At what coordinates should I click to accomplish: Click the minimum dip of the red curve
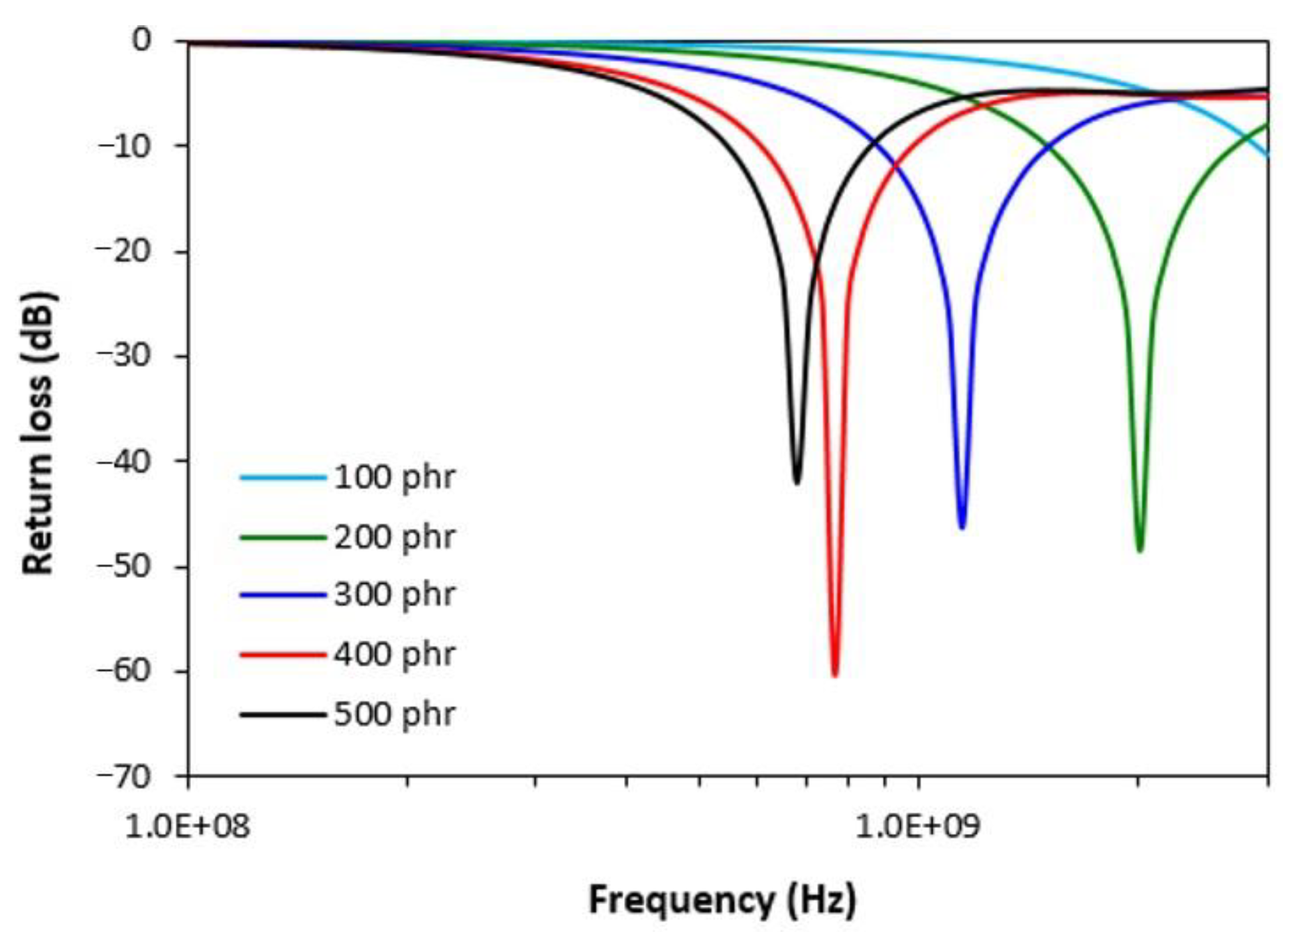click(834, 675)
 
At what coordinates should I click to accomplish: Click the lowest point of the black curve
click(797, 482)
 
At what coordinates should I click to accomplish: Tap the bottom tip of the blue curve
click(962, 527)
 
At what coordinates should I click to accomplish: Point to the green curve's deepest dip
click(1140, 550)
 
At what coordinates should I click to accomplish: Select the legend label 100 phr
click(394, 477)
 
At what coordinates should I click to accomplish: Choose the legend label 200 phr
click(394, 537)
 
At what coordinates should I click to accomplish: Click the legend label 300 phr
click(394, 594)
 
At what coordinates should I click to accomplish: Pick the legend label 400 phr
click(394, 655)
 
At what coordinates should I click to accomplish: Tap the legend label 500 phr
click(394, 714)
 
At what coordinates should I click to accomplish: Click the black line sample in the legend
click(283, 714)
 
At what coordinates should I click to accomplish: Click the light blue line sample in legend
click(283, 477)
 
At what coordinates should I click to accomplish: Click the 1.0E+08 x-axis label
click(188, 827)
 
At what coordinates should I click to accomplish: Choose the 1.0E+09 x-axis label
click(917, 827)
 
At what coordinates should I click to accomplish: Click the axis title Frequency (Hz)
click(722, 900)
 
